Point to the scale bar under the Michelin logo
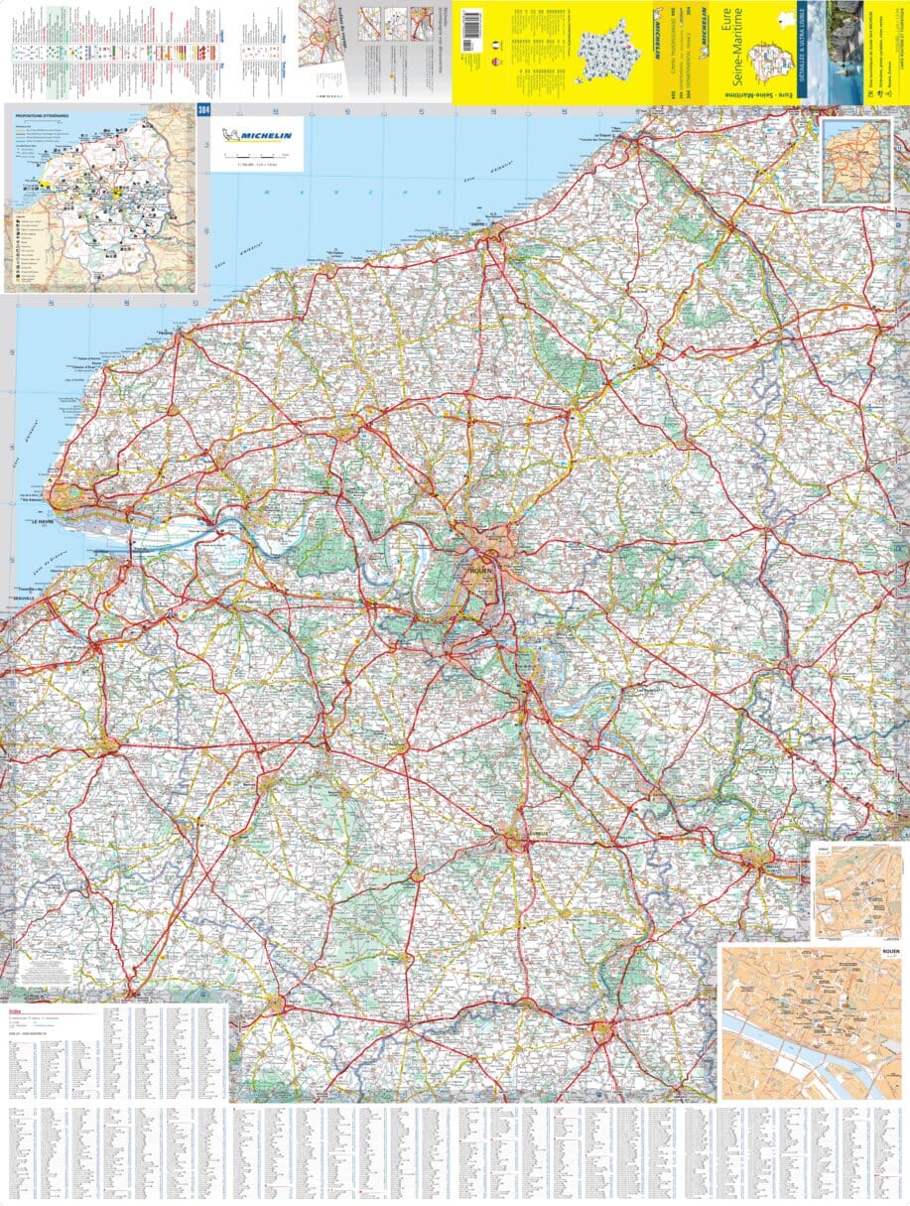tap(256, 157)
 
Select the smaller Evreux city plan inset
tap(857, 891)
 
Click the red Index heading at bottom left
tap(15, 1011)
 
